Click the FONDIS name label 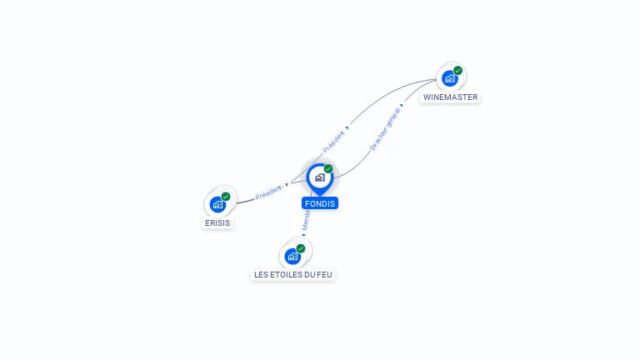click(x=320, y=203)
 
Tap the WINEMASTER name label click(x=450, y=97)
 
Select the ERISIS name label click(x=217, y=223)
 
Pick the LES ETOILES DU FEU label click(x=292, y=274)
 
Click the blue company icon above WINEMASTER click(x=450, y=78)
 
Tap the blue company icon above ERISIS click(x=217, y=204)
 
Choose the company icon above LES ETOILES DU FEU click(x=292, y=256)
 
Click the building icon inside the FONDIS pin click(x=319, y=177)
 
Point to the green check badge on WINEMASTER click(x=457, y=71)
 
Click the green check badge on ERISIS click(x=226, y=197)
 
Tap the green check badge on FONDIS click(x=328, y=169)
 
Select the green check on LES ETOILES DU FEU click(x=301, y=248)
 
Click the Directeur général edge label click(x=385, y=128)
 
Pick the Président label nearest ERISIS click(x=268, y=192)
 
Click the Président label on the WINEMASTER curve click(x=333, y=140)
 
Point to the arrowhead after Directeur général click(x=401, y=106)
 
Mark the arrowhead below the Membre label click(x=303, y=235)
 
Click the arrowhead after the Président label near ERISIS click(x=287, y=184)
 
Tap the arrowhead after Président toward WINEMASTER click(x=347, y=127)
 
